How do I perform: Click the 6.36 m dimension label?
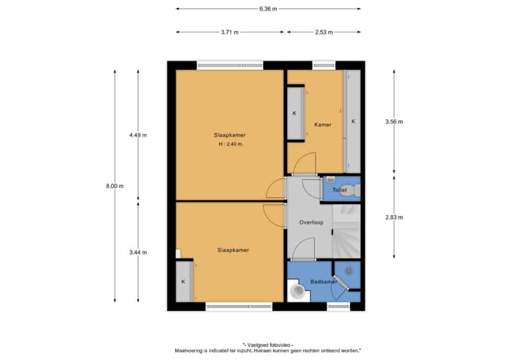[268, 9]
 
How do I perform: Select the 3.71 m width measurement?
[230, 32]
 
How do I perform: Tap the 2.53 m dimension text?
[324, 32]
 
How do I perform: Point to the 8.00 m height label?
[115, 186]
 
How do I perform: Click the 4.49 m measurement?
[138, 135]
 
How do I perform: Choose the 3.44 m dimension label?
[138, 252]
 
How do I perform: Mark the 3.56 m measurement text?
[394, 122]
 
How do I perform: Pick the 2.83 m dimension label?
[394, 217]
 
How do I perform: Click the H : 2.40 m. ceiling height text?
[231, 144]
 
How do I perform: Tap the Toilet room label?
[339, 190]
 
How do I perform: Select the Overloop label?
[311, 222]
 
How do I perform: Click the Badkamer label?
[324, 282]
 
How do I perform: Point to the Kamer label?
[323, 125]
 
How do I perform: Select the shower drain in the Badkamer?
[348, 270]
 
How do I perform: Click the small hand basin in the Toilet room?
[331, 179]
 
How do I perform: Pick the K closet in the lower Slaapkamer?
[184, 281]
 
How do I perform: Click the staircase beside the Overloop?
[346, 231]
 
